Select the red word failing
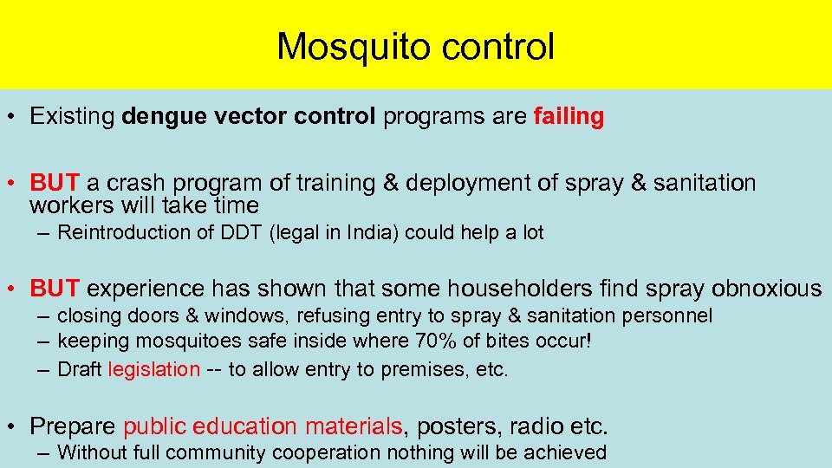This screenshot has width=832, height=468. click(x=569, y=117)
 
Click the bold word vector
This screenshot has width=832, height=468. click(x=243, y=117)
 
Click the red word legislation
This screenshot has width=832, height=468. click(x=154, y=369)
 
